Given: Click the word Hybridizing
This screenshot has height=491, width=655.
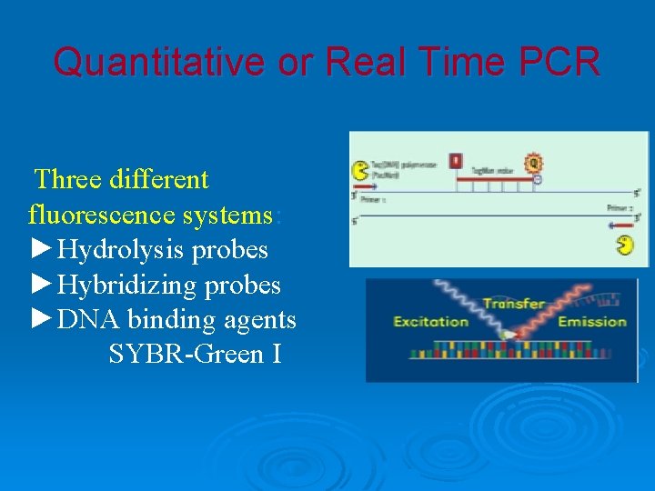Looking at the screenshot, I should coord(126,285).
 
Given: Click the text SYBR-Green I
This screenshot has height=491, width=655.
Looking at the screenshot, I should coord(194,354).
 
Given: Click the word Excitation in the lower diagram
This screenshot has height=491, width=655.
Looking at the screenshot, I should coord(430,321).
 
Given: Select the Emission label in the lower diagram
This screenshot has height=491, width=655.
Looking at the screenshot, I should coord(592,321).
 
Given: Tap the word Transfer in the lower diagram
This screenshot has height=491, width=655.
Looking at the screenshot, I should coord(513,303).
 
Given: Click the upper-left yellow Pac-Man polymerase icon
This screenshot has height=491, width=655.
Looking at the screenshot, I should coord(360,170).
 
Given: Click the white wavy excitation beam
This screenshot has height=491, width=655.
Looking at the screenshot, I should coord(455,300).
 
